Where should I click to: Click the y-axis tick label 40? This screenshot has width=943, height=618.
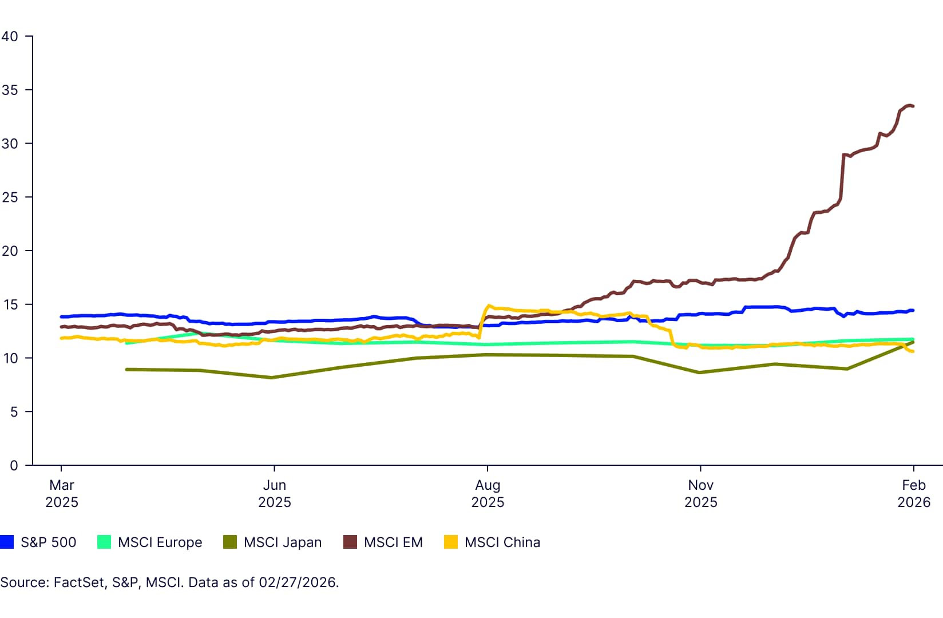point(10,37)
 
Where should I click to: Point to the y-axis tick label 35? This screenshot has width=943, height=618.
point(10,90)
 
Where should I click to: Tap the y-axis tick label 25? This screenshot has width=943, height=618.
point(10,197)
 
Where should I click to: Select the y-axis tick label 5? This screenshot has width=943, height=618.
point(13,412)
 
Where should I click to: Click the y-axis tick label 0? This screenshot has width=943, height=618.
point(13,466)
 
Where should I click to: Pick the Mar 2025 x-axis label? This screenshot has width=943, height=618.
point(62,493)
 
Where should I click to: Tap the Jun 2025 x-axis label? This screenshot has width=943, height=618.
point(275,493)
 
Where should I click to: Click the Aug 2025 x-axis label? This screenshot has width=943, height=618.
point(488,493)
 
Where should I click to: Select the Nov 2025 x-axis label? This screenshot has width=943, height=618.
point(700,493)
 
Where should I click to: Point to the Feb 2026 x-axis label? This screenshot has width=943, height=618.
point(913,493)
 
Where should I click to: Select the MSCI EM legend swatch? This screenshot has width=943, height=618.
point(350,542)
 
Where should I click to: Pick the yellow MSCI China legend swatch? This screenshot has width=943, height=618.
point(451,542)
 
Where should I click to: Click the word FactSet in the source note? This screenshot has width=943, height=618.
point(79,583)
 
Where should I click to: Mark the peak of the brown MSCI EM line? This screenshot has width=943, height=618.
point(909,105)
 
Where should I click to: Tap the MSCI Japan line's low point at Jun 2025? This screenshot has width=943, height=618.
point(272,378)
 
